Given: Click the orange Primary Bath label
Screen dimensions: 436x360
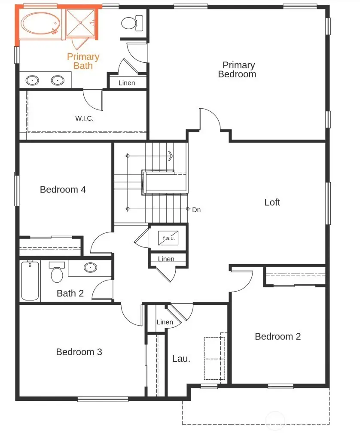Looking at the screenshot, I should coord(83,61).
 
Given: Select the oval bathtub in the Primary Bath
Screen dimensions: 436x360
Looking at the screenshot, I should coord(40,24).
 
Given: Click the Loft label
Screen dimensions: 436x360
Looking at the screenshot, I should coord(272,202).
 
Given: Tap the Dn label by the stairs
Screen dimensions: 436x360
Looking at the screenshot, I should coord(196,210).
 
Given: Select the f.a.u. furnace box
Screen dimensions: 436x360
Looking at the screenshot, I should coord(168,238).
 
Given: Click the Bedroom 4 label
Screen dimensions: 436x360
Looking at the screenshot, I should coord(63,189).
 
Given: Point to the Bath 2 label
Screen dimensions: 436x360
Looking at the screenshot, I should coord(70,293).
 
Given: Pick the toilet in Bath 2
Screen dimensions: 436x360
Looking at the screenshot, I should coord(57,273).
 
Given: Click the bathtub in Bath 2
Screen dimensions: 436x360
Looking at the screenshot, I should coord(30,281).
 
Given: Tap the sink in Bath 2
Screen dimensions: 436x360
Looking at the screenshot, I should coord(90,268).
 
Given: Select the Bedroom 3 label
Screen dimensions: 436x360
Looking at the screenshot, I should coord(79,352).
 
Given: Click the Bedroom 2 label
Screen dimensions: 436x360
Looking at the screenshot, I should coord(278,336).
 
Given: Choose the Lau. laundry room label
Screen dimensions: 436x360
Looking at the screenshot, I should coord(181,359).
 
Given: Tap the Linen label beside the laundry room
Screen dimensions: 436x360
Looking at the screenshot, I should coord(165,322).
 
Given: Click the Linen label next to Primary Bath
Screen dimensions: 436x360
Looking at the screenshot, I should coord(126,83).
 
